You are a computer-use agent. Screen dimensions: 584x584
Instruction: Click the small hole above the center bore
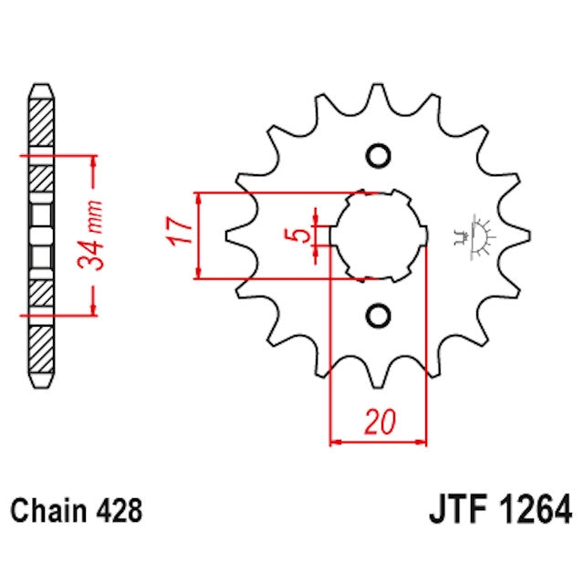click(377, 156)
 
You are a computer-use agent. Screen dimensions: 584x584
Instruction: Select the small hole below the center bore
click(377, 315)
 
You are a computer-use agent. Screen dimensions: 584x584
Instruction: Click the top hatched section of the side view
click(42, 119)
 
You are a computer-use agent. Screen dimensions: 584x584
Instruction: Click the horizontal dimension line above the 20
click(378, 443)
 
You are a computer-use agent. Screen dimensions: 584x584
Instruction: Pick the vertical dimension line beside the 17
click(198, 235)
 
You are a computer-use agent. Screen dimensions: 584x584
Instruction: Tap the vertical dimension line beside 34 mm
click(94, 235)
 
